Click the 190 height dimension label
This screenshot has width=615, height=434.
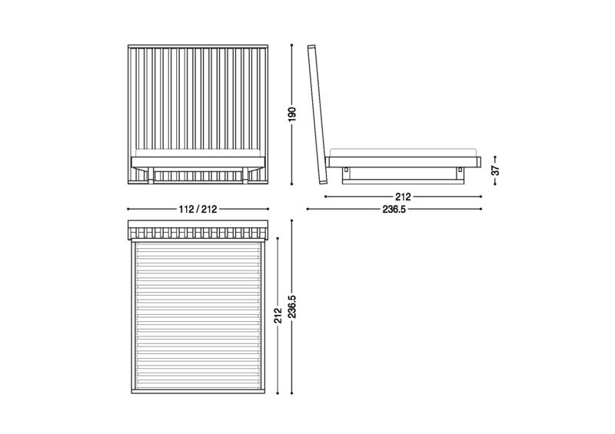(292, 114)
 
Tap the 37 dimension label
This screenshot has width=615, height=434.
(495, 171)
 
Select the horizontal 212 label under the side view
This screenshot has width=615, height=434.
(403, 197)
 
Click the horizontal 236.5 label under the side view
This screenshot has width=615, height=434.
(394, 210)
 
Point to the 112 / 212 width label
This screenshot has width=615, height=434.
(198, 210)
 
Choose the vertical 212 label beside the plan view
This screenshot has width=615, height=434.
(278, 316)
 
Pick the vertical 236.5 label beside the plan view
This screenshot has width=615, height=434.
(292, 306)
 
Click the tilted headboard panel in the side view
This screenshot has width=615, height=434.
(317, 114)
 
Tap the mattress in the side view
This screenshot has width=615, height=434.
(403, 153)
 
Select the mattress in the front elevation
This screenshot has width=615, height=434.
(198, 154)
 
